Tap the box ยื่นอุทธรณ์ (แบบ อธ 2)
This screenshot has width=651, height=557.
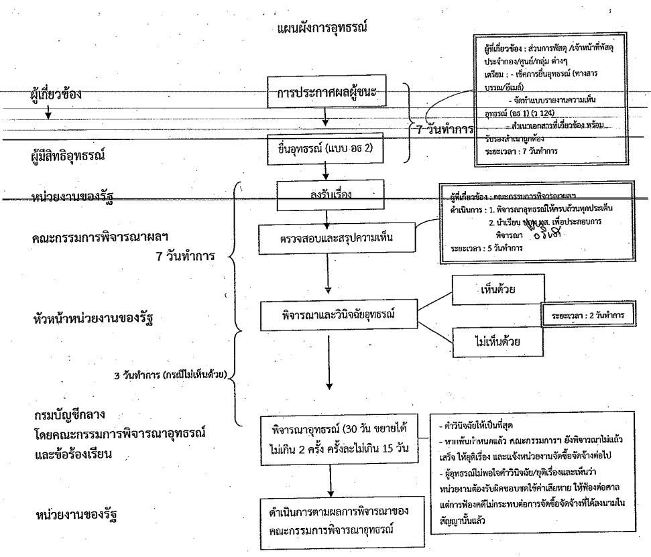[x=324, y=145]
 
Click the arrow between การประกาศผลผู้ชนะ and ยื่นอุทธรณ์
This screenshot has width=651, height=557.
[x=325, y=119]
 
